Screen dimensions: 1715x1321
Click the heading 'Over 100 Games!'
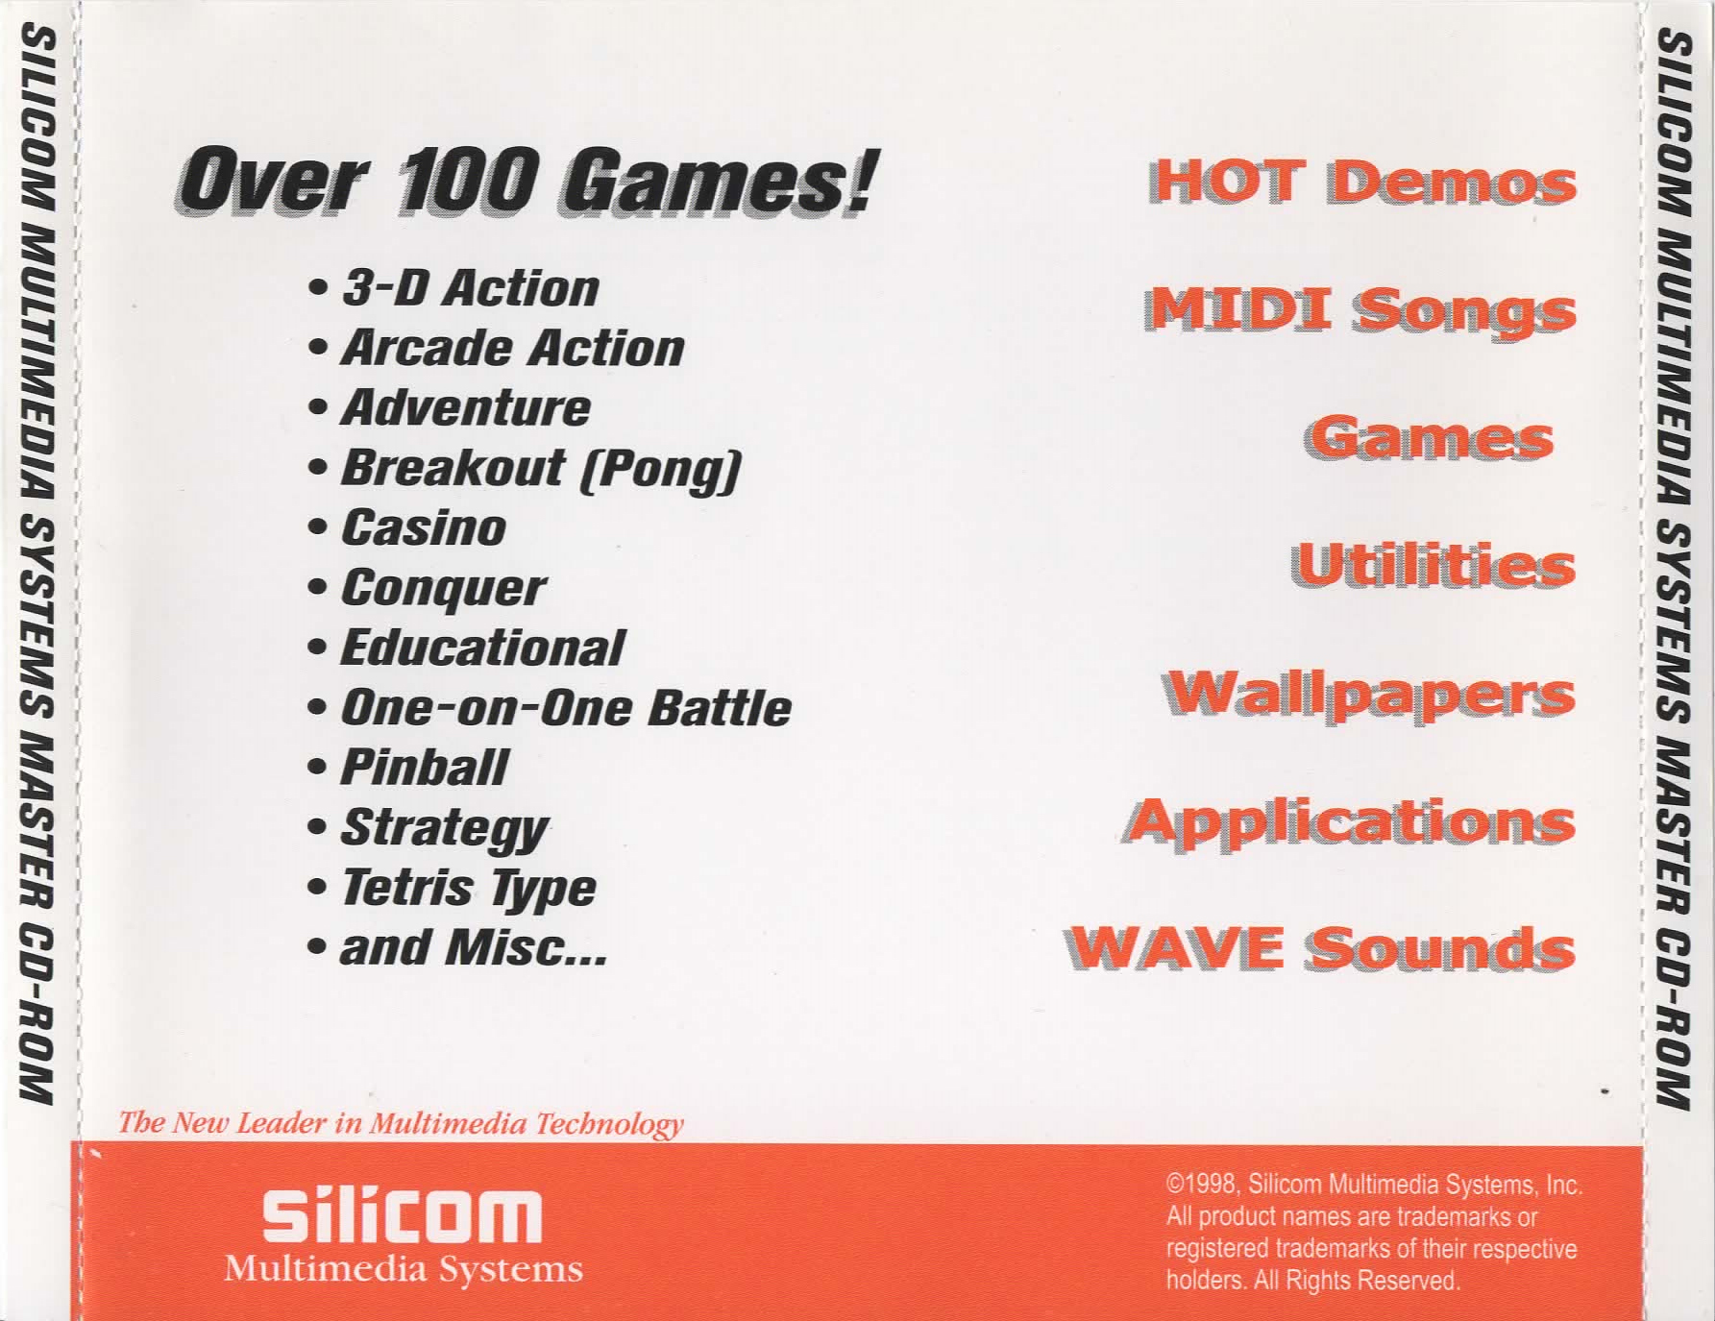click(x=525, y=182)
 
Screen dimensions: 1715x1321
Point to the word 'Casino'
click(x=424, y=527)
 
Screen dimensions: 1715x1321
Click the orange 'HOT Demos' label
click(x=1361, y=182)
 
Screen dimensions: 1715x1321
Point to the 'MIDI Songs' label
click(x=1360, y=311)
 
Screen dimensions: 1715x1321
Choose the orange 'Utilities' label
click(x=1433, y=565)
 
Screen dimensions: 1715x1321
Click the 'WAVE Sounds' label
click(x=1319, y=948)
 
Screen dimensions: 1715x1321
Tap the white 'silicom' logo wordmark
click(x=403, y=1215)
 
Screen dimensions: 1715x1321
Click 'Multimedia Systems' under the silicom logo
click(x=404, y=1269)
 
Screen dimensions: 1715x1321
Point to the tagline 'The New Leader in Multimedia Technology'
click(x=401, y=1123)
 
